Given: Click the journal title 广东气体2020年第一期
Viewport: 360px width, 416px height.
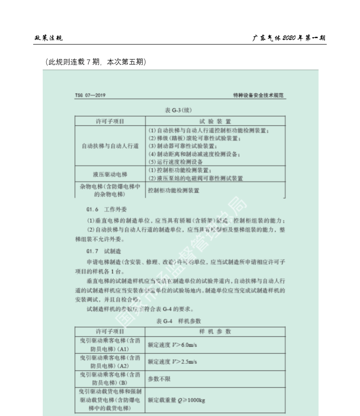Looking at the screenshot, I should tap(289, 38).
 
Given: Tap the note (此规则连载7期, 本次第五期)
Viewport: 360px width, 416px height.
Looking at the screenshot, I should tap(96, 62).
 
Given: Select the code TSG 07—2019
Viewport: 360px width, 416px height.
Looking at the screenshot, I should tap(90, 95).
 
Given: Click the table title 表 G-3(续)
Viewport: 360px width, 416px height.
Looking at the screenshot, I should tap(180, 110).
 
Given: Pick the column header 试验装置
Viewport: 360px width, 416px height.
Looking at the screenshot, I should tap(215, 121).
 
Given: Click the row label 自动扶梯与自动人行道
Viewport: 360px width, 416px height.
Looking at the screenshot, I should tap(110, 146).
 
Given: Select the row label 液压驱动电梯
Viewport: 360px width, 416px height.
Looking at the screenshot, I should tap(110, 174).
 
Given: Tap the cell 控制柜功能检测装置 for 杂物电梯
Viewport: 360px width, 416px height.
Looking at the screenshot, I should tap(174, 190).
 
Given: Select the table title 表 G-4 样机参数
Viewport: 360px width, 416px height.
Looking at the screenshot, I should tap(180, 321).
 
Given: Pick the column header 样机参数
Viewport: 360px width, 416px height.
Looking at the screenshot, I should tap(215, 331).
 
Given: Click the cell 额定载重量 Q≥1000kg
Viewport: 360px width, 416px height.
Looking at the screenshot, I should tap(176, 400).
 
